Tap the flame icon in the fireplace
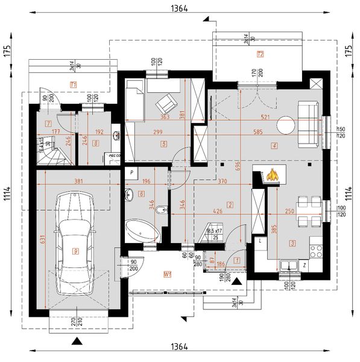click(x=273, y=174)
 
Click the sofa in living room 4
click(x=311, y=124)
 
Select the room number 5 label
click(x=163, y=144)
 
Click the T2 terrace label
click(x=261, y=54)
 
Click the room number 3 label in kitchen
click(x=292, y=243)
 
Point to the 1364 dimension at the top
click(x=179, y=8)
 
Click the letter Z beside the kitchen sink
click(x=305, y=264)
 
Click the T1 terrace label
click(x=73, y=85)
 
